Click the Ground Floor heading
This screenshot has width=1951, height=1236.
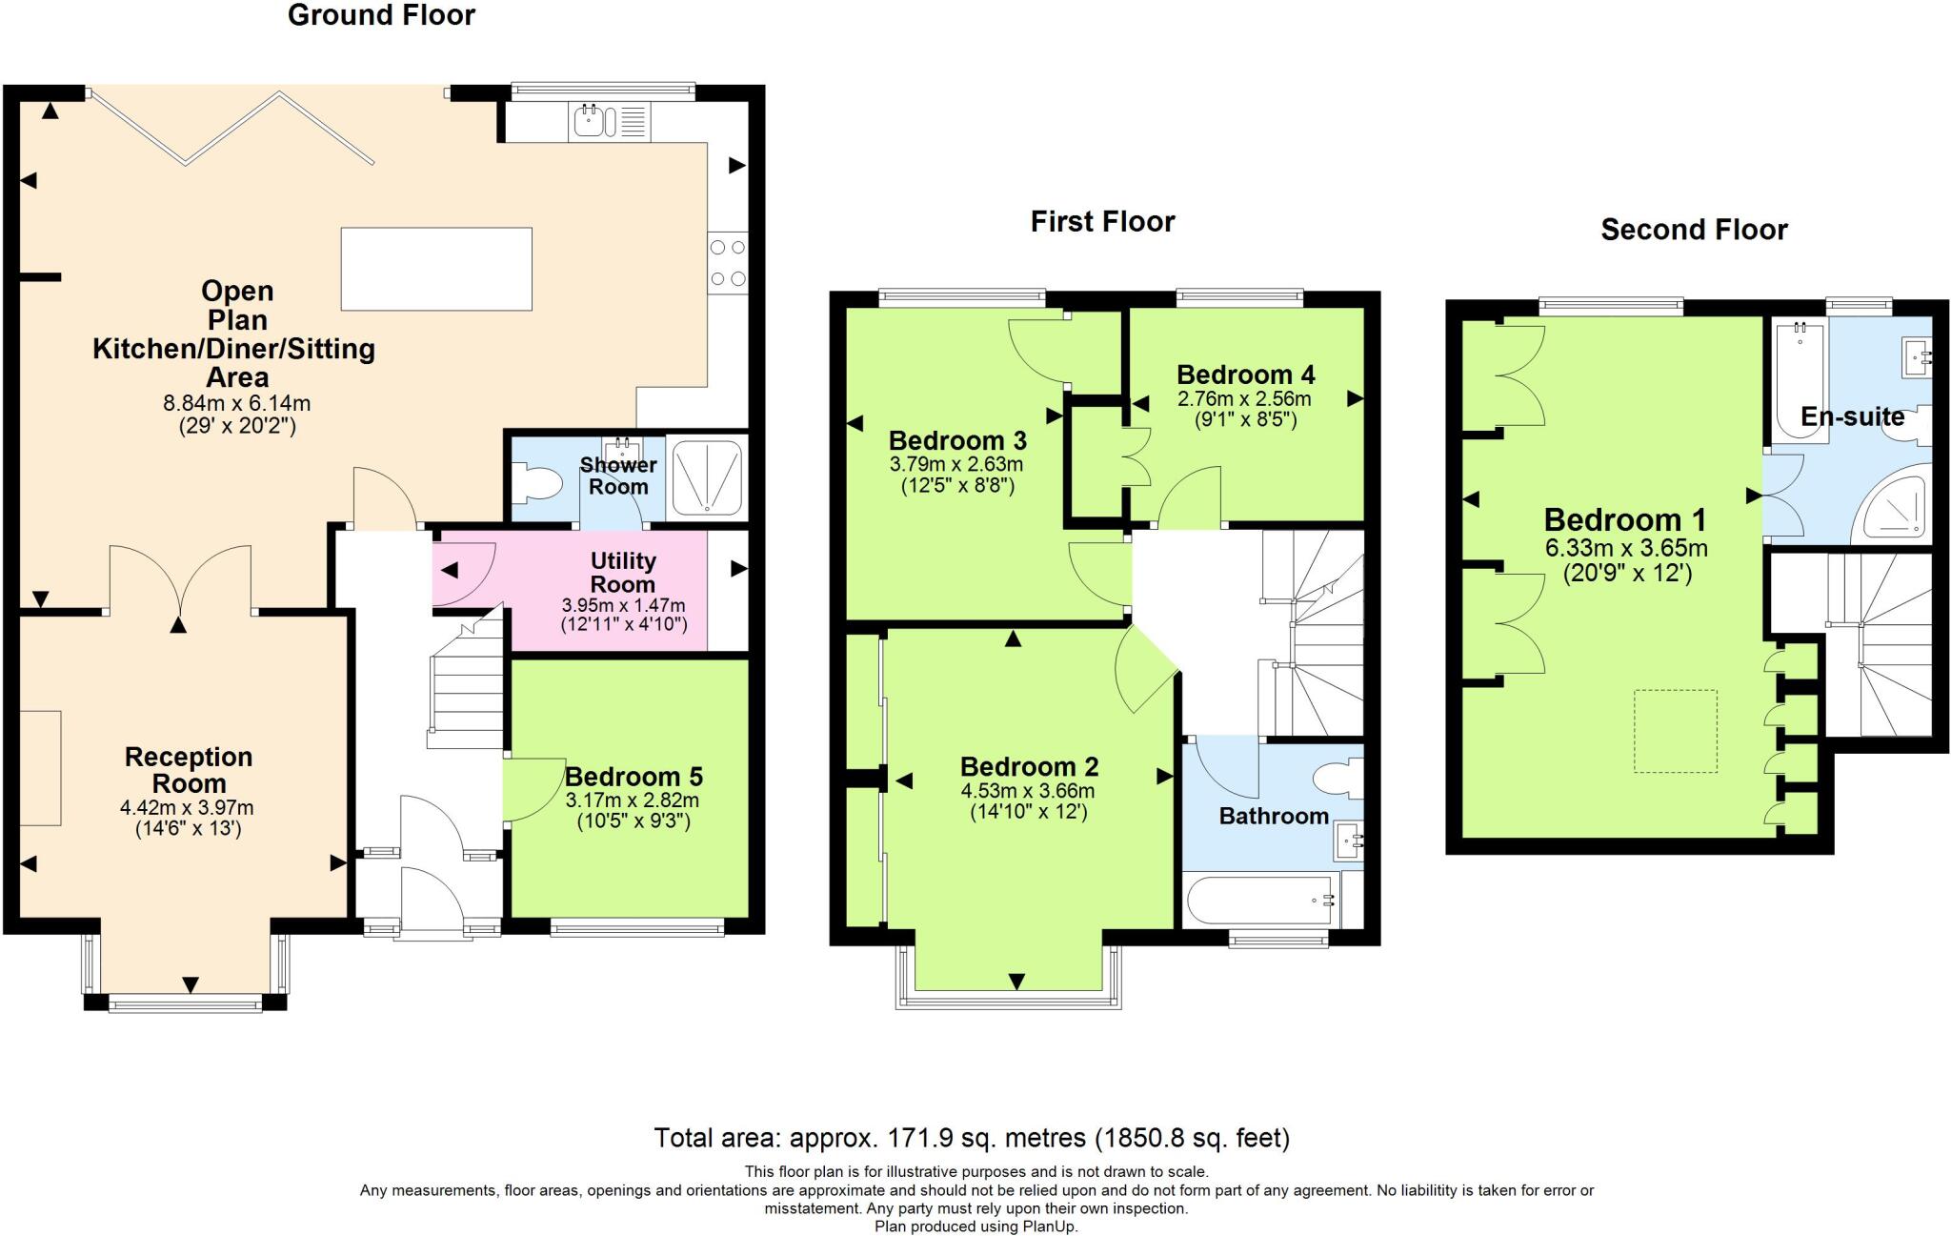click(x=381, y=15)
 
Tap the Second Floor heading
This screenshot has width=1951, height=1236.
click(x=1694, y=230)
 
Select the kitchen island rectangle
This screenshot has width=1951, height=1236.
click(x=436, y=269)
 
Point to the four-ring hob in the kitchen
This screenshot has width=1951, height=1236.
click(x=728, y=263)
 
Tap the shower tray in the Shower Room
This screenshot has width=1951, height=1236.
click(x=706, y=476)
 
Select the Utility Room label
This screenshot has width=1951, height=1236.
click(x=623, y=572)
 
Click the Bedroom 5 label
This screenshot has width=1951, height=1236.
click(x=634, y=777)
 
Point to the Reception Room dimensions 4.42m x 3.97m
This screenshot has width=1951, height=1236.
click(x=187, y=808)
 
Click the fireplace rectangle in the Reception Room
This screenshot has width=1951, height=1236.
click(x=40, y=767)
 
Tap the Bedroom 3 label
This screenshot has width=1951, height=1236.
click(x=957, y=440)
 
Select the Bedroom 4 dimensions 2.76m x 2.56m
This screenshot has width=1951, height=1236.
click(x=1244, y=399)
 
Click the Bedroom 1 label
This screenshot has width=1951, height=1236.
click(x=1624, y=520)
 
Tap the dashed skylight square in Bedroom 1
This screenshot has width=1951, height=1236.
click(x=1676, y=731)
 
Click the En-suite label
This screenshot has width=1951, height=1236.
click(x=1852, y=416)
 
